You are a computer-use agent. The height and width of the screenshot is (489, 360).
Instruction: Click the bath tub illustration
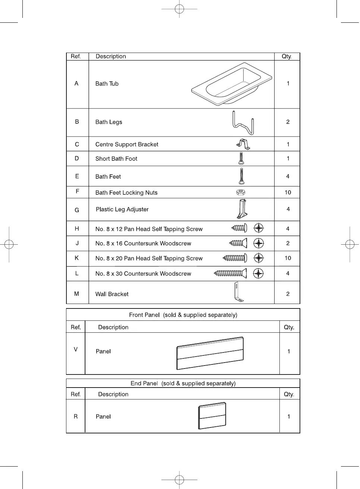click(231, 84)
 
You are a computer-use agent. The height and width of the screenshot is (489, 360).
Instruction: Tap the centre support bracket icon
click(243, 144)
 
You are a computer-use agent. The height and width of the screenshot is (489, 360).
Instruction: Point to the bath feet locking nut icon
click(241, 192)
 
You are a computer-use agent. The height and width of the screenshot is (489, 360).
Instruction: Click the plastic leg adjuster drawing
click(242, 209)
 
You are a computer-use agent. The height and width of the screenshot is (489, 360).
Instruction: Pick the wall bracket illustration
click(238, 292)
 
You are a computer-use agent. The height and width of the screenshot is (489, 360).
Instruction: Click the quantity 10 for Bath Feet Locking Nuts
click(288, 192)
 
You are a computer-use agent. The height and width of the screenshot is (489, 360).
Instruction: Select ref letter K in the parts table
click(77, 258)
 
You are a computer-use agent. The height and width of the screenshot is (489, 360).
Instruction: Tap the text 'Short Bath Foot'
click(116, 159)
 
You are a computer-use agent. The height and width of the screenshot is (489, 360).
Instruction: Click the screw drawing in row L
click(230, 273)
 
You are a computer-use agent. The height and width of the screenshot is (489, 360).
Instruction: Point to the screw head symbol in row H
click(259, 228)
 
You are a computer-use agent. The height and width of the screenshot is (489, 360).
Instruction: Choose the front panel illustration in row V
click(210, 353)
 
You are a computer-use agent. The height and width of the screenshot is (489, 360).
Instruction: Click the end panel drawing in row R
click(212, 416)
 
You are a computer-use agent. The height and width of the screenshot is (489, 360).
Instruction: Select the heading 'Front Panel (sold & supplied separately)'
click(183, 315)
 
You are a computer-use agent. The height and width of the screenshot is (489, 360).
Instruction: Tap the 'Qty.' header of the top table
click(287, 56)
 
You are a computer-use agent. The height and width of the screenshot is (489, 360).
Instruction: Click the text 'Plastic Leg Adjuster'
click(122, 210)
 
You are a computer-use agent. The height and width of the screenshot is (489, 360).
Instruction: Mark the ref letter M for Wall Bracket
click(76, 294)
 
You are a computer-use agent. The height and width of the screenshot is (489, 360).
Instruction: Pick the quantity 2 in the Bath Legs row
click(288, 122)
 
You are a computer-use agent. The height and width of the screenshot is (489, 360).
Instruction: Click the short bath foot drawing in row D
click(241, 158)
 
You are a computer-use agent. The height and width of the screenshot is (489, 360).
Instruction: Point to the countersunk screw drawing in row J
click(238, 243)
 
